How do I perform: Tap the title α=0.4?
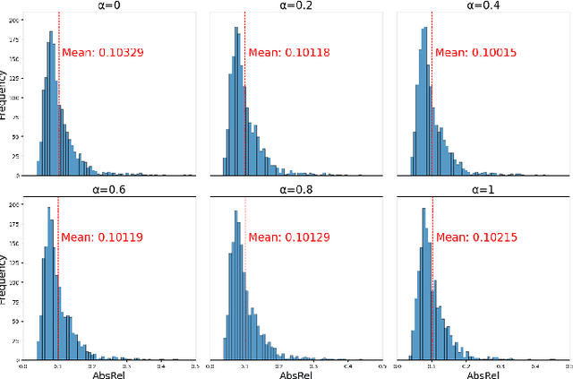click(482, 5)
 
